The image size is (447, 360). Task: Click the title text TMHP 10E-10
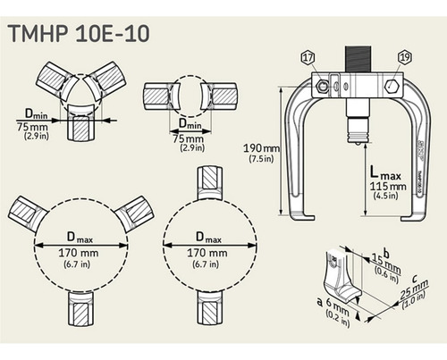78,34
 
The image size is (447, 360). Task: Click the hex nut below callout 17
317,87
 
